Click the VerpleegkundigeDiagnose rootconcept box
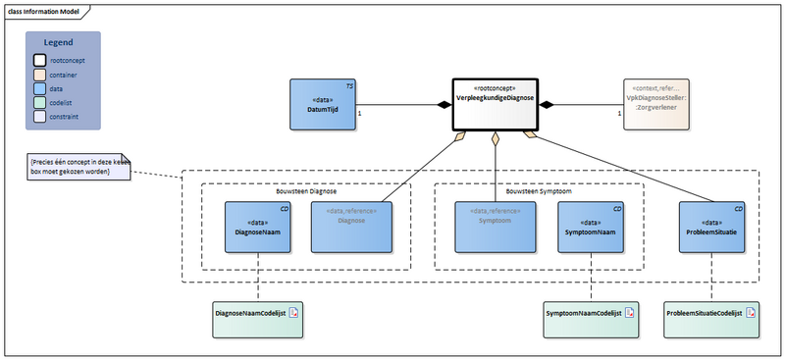(494, 105)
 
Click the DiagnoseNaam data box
(257, 228)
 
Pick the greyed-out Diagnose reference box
(343, 228)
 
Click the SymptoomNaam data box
(591, 228)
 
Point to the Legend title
(63, 42)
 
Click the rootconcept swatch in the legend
(39, 60)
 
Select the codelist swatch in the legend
(39, 101)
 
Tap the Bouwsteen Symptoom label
(539, 190)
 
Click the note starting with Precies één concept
(80, 167)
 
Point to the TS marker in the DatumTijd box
(350, 86)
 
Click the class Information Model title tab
(44, 11)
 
